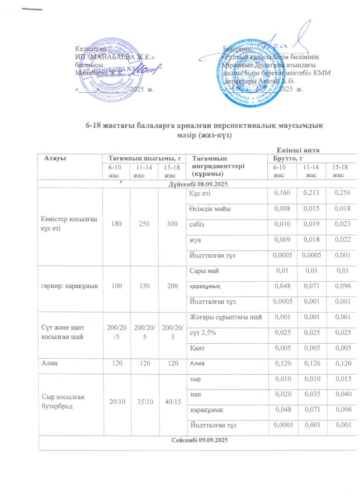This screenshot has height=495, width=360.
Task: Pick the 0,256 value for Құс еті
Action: pos(338,194)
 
